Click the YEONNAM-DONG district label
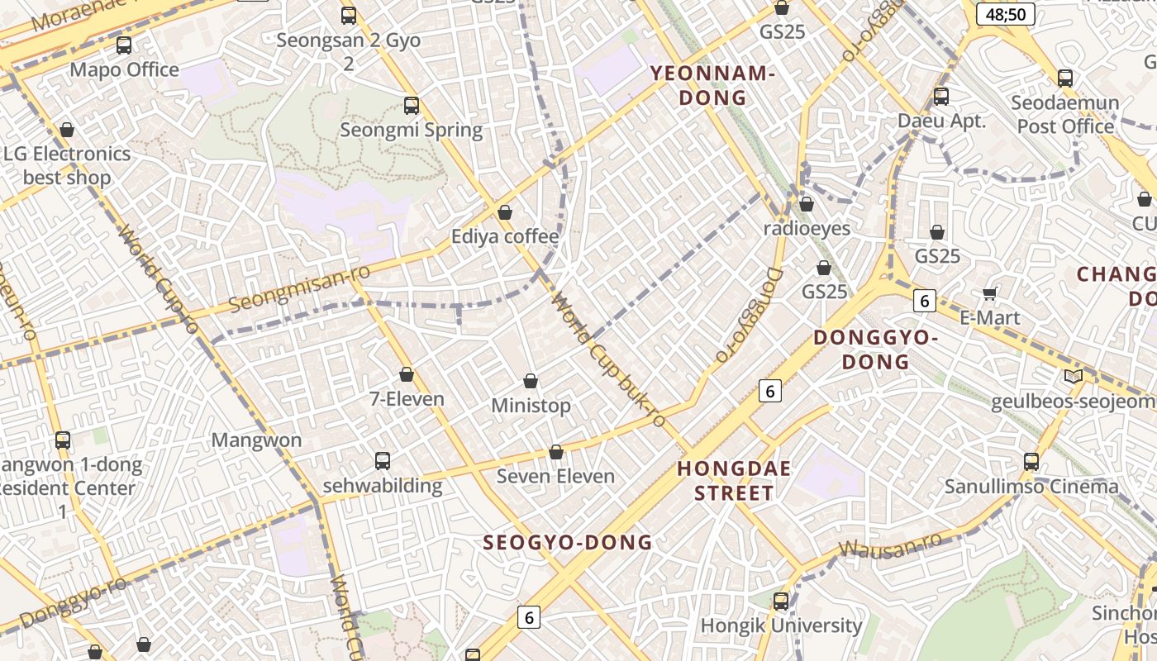click(x=712, y=85)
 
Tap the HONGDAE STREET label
click(x=734, y=481)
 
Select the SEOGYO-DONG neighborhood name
click(x=568, y=543)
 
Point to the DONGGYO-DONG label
click(x=876, y=350)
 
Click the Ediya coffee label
click(x=505, y=237)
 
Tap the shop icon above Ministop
click(x=531, y=381)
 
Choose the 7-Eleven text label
click(x=407, y=399)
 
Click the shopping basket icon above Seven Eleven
click(x=556, y=452)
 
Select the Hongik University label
click(x=781, y=625)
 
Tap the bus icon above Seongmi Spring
click(x=412, y=106)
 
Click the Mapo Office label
click(x=124, y=69)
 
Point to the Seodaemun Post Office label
click(x=1065, y=115)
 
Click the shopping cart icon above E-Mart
click(x=989, y=294)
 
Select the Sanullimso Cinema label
click(x=1031, y=486)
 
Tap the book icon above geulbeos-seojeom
click(x=1074, y=377)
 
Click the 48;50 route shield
click(x=1005, y=14)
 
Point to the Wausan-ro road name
click(x=890, y=546)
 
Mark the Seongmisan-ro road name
click(x=299, y=288)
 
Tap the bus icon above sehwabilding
click(x=382, y=461)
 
